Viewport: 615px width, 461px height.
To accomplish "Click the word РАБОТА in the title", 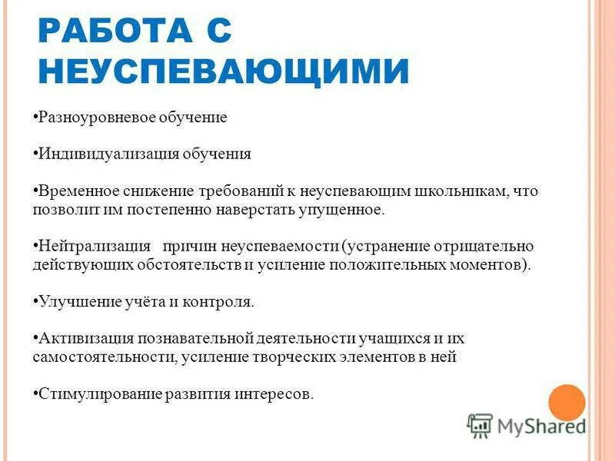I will tap(112, 33).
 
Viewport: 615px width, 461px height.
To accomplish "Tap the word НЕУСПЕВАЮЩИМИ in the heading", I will tap(223, 72).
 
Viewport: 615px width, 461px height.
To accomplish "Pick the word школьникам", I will tap(459, 191).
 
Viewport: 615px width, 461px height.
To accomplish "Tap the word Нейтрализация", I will tap(95, 247).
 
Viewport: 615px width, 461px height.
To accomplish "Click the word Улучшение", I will tap(76, 302).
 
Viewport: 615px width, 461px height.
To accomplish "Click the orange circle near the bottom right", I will tap(567, 402).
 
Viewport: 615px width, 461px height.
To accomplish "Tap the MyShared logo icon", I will tap(480, 425).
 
